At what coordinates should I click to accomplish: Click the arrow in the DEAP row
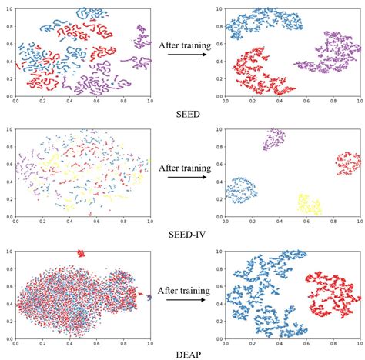[186, 298]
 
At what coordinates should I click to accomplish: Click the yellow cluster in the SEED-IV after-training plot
[308, 205]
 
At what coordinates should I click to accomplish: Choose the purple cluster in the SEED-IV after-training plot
[274, 139]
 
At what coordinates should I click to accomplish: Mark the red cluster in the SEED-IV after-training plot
[348, 163]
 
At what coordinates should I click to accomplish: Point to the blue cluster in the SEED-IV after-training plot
[242, 189]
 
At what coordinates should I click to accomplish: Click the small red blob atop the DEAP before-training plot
[80, 252]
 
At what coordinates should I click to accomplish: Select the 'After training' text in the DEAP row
[186, 285]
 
